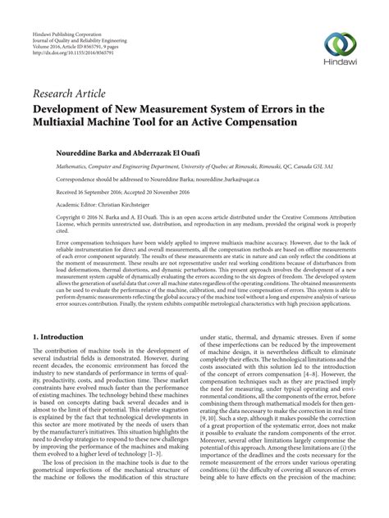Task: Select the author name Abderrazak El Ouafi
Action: click(152, 152)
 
